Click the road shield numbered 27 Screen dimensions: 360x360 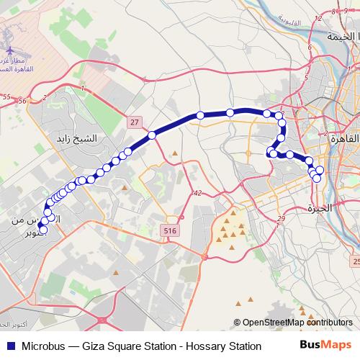click(x=135, y=123)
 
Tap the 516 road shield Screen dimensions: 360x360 click(x=170, y=230)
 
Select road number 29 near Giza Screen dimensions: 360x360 click(x=282, y=218)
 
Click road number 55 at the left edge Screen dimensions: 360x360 click(x=6, y=95)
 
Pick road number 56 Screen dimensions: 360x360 click(x=22, y=101)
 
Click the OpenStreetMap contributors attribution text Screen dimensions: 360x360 click(x=297, y=323)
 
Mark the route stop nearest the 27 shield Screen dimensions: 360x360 click(x=152, y=135)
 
